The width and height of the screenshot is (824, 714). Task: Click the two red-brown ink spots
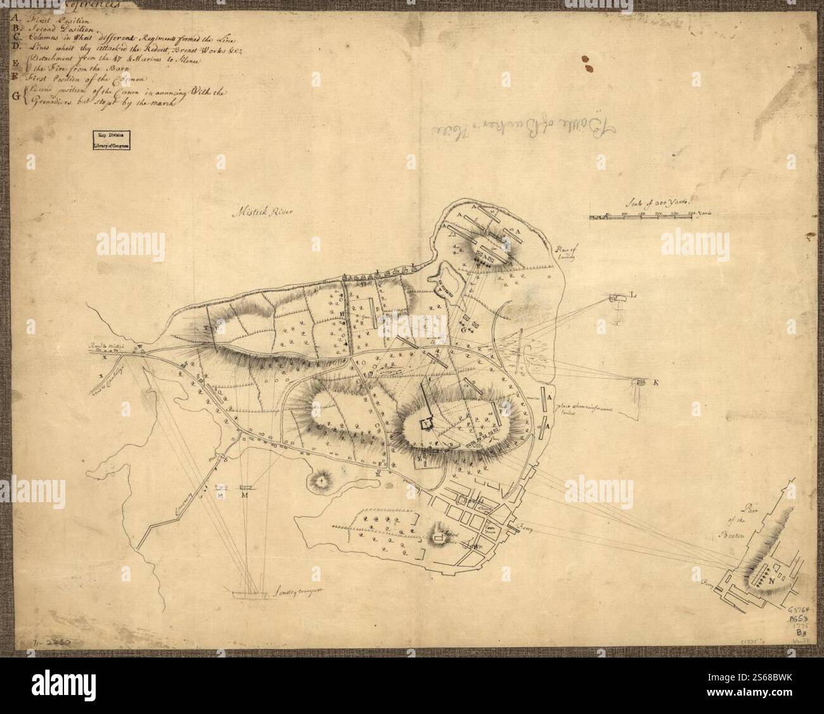click(x=588, y=62)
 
